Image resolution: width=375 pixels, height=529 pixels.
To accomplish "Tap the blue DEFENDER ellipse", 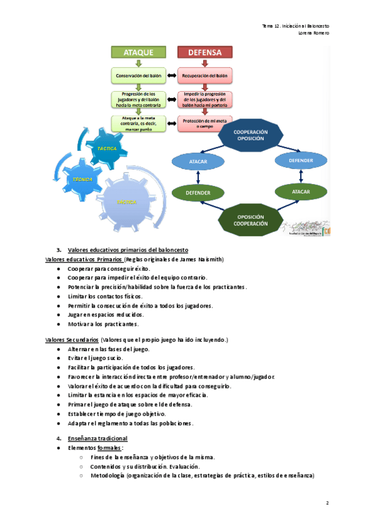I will (x=301, y=160).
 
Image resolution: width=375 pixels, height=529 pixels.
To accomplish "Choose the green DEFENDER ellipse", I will (x=197, y=193).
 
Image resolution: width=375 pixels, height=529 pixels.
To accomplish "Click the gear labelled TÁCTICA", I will (x=111, y=148).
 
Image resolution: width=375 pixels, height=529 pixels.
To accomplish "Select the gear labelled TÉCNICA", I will (x=82, y=179).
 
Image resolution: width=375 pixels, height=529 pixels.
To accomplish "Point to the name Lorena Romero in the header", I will (x=314, y=32).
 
